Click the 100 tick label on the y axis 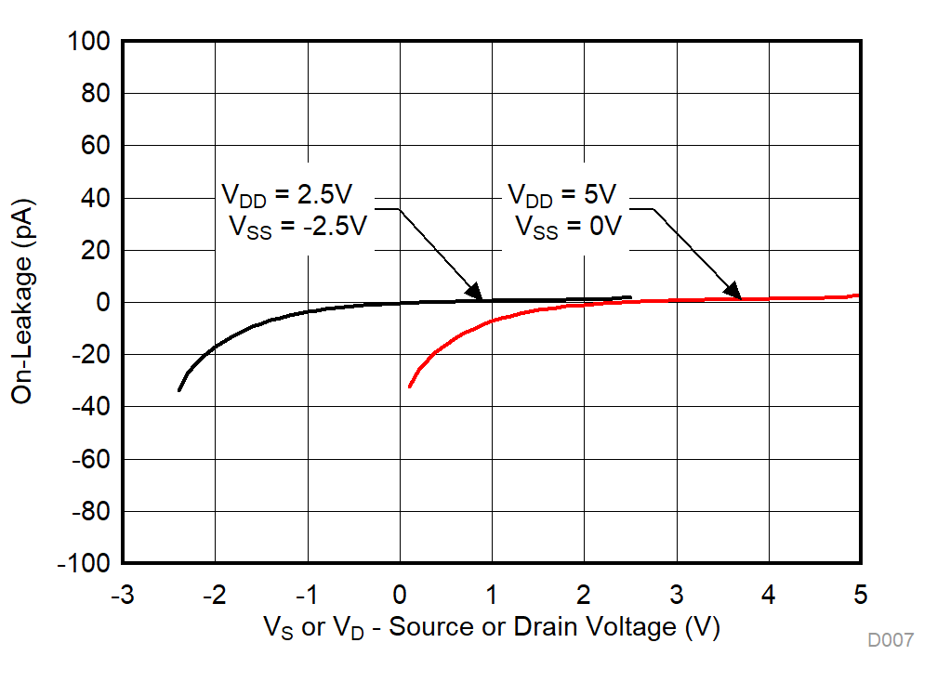pyautogui.click(x=90, y=42)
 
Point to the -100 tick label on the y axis pyautogui.click(x=86, y=564)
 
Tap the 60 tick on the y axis pyautogui.click(x=97, y=146)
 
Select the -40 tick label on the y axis pyautogui.click(x=90, y=407)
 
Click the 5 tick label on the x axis pyautogui.click(x=861, y=594)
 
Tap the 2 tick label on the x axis pyautogui.click(x=584, y=594)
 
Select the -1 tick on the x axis pyautogui.click(x=307, y=594)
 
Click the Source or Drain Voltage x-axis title pyautogui.click(x=492, y=628)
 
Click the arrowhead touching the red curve pyautogui.click(x=733, y=292)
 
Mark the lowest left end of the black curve pyautogui.click(x=178, y=390)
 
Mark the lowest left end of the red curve pyautogui.click(x=410, y=386)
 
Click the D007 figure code pyautogui.click(x=891, y=640)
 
